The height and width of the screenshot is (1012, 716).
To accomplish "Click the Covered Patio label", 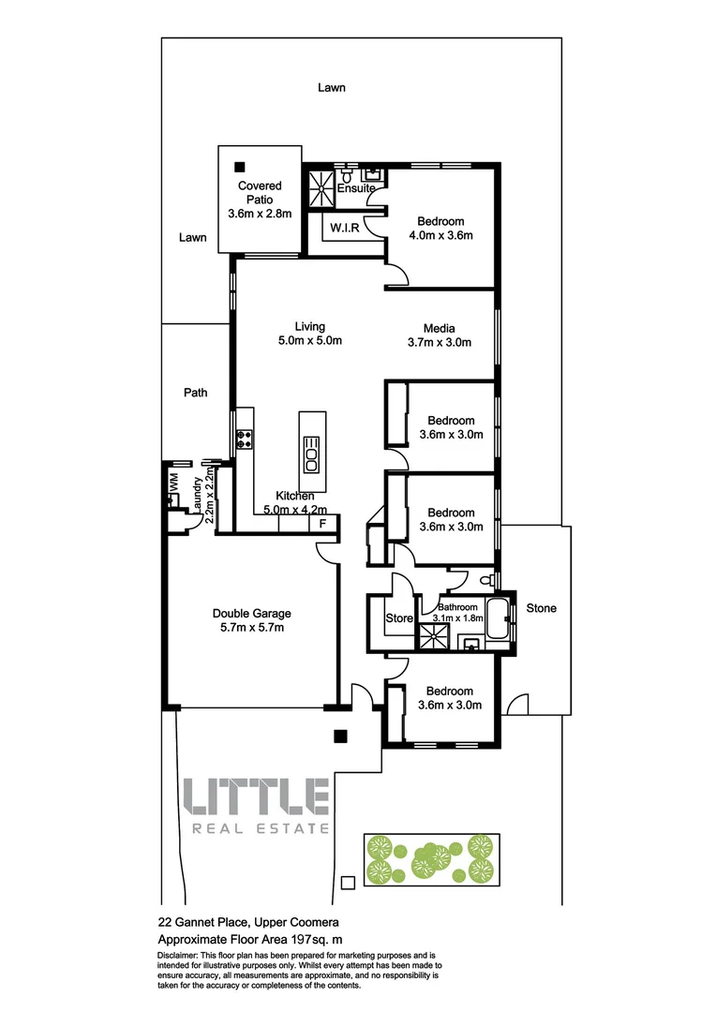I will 260,192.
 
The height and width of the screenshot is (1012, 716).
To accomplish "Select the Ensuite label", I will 356,188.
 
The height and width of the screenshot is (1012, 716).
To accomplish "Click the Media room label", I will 439,328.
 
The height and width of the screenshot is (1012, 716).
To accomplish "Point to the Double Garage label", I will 248,614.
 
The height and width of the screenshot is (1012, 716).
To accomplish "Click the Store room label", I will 399,618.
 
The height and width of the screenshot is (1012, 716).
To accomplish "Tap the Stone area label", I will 541,608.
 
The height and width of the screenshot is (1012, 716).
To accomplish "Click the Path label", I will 195,394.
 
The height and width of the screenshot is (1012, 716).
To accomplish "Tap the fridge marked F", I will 322,524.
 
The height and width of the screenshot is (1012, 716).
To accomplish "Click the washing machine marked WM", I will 173,482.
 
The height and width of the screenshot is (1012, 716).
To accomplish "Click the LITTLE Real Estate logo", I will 255,805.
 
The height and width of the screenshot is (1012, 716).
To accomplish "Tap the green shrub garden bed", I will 430,859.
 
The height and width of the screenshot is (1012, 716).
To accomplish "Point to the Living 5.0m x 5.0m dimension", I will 309,341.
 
